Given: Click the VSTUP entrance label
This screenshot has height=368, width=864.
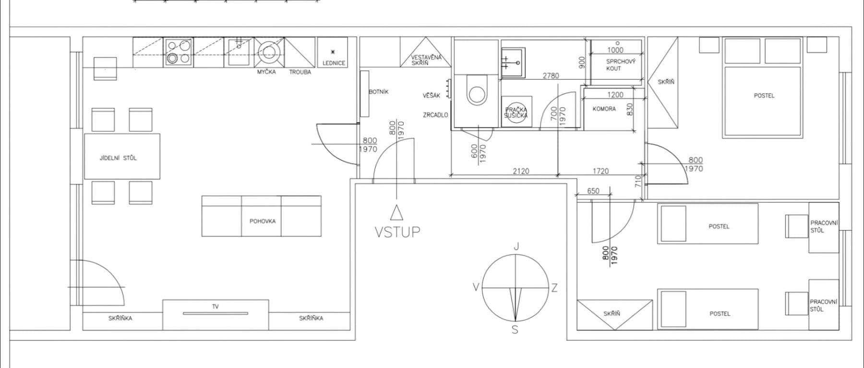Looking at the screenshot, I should tap(397, 232).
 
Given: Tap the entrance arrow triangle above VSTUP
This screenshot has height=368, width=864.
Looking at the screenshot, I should tap(396, 212).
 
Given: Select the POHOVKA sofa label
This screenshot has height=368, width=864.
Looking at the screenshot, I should tap(263, 221).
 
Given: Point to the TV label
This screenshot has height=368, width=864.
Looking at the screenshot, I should tap(215, 307).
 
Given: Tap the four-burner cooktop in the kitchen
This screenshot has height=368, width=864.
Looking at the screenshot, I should tap(179, 52).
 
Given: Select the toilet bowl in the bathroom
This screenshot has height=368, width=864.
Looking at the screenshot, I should tap(477, 93).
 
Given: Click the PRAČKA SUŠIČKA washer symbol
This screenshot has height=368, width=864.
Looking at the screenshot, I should tap(516, 113).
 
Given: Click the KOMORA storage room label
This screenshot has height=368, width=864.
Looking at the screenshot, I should tap(604, 109).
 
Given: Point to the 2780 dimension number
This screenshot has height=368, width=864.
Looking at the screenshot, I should tap(551, 76).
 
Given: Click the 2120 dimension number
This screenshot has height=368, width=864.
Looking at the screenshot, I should tap(521, 171).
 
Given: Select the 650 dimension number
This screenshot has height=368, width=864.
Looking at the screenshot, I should tap(593, 191).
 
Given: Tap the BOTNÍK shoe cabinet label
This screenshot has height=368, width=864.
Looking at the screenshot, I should tap(379, 92).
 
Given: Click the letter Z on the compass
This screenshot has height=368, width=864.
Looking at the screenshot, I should tap(554, 288).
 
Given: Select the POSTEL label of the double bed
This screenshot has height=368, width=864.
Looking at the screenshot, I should tap(764, 95).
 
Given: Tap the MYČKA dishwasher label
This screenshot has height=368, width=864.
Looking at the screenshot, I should tap(266, 72).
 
